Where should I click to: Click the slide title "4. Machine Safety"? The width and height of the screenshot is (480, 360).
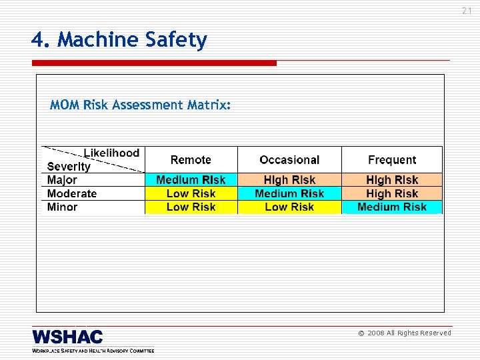119,41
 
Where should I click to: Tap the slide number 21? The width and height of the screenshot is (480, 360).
466,11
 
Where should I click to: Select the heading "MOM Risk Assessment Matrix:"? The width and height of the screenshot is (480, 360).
141,105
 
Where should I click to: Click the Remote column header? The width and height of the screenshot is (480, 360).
191,160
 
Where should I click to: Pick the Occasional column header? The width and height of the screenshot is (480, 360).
289,160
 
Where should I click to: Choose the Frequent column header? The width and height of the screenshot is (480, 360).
392,160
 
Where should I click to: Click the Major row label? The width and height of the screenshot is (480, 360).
63,180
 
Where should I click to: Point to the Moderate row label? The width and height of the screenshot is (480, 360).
72,193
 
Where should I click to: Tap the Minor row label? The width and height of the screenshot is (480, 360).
63,207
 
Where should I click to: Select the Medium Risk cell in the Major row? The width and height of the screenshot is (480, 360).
191,180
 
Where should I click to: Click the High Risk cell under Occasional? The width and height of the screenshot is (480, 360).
289,180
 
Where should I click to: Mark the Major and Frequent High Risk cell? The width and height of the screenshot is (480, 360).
392,180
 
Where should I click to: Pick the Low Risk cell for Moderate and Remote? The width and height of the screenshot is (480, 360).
191,193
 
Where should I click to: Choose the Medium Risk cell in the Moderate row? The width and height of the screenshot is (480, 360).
289,193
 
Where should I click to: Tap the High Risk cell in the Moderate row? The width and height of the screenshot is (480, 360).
392,193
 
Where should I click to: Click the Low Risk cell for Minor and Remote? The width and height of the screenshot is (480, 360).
191,207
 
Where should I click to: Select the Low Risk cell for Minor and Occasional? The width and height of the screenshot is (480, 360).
289,207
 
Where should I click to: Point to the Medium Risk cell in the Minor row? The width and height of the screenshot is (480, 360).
392,207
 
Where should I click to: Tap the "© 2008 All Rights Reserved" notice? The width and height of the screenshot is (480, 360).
405,333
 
